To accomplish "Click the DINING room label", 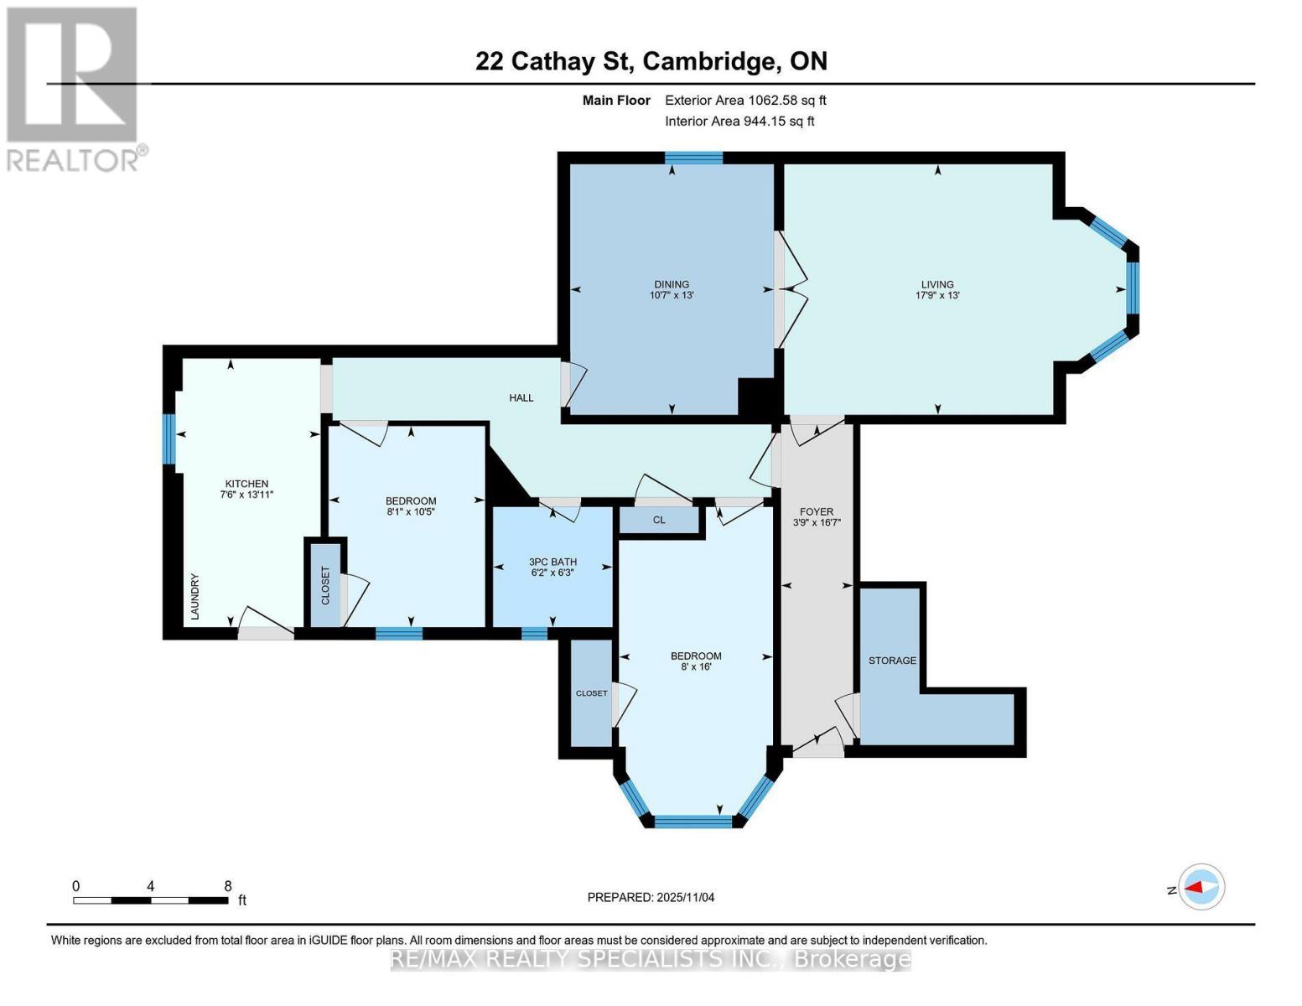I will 672,284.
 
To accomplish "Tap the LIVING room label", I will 937,284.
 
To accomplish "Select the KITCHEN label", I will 246,484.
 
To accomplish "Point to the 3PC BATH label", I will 552,562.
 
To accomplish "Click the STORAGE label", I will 892,661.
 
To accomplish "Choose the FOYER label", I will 817,511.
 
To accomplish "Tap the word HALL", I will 521,397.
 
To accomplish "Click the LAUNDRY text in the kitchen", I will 195,596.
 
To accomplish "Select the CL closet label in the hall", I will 659,520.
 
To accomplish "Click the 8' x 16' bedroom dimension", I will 696,667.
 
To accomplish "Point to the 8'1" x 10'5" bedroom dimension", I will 411,511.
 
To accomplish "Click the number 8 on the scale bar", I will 228,885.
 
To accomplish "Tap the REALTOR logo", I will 74,88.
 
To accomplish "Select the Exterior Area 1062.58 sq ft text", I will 745,100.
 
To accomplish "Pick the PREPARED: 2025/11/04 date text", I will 651,897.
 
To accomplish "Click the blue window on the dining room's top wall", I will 694,157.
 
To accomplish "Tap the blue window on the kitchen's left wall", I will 169,439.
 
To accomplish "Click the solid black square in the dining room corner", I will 757,397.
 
